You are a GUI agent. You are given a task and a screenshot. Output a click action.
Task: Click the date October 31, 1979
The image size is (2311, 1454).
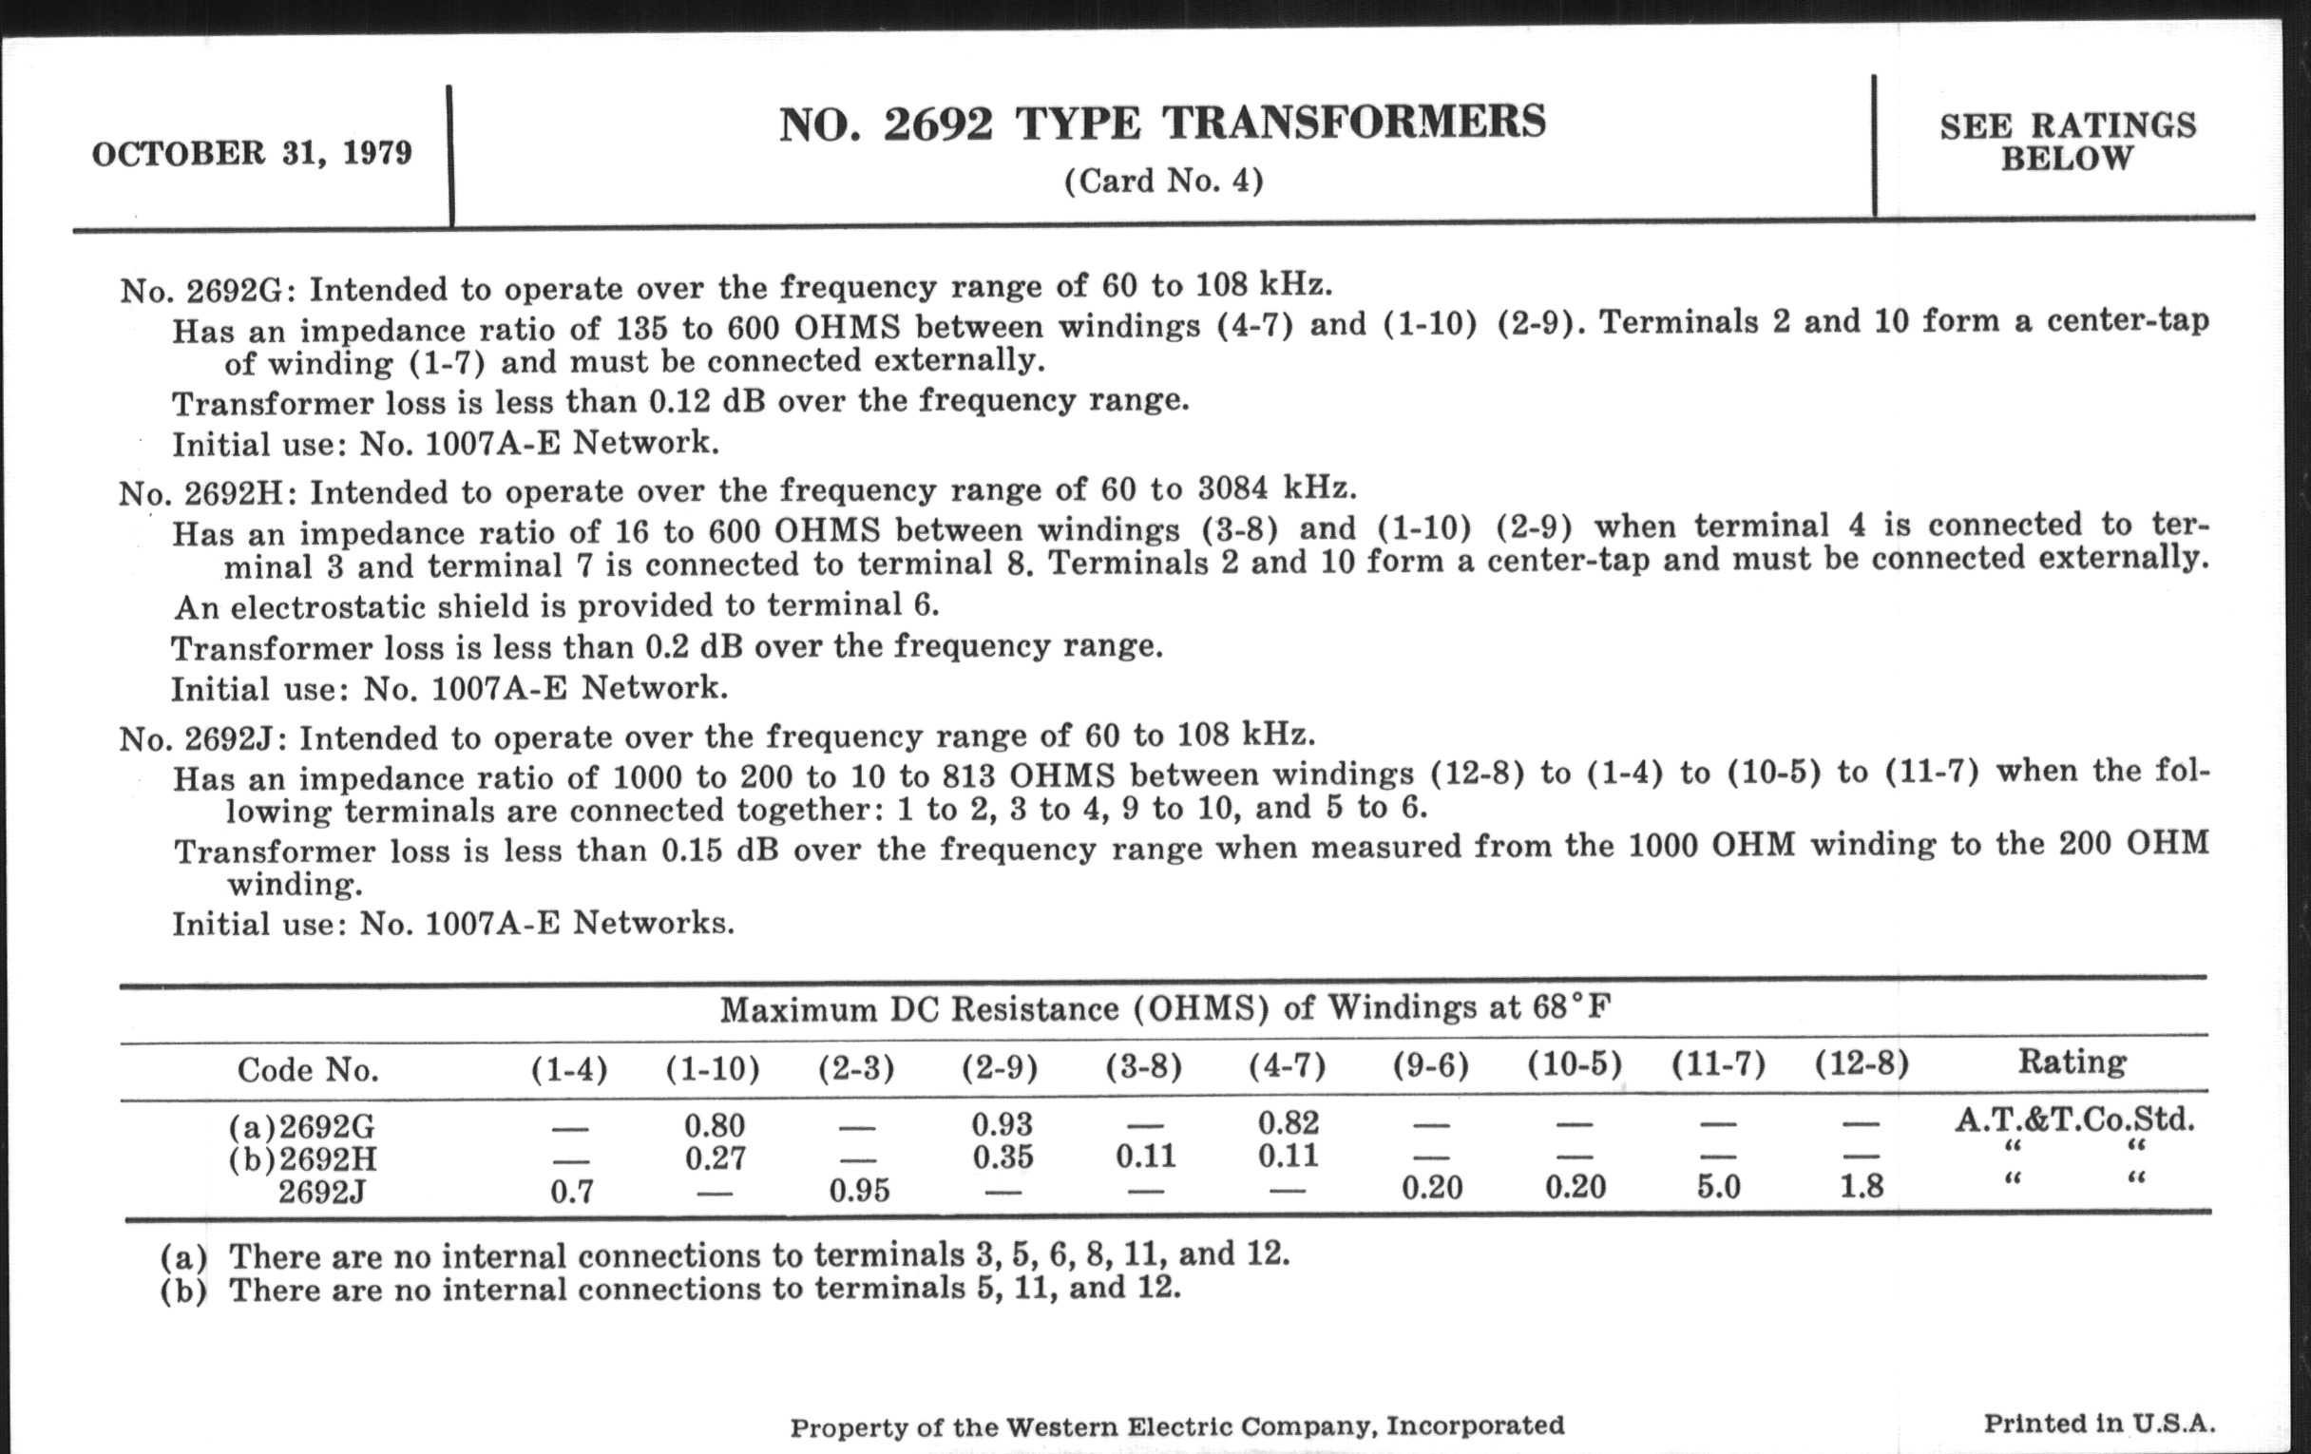pos(252,154)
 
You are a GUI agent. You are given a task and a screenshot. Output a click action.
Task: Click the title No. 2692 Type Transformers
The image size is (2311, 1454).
pos(1162,124)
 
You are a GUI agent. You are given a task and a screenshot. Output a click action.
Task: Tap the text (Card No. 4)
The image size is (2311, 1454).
pos(1163,181)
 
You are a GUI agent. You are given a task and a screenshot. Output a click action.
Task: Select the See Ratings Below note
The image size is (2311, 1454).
pos(2067,141)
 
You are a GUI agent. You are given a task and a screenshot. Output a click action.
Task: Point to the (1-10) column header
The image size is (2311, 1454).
pos(712,1067)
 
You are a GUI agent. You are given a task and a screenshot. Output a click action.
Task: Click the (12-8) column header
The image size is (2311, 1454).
pos(1861,1063)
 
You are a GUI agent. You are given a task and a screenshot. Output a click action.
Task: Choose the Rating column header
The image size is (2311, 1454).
pos(2072,1062)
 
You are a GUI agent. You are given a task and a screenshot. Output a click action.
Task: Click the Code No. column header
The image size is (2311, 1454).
pos(307,1069)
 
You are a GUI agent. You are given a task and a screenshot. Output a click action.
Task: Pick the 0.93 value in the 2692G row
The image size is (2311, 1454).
pos(1002,1123)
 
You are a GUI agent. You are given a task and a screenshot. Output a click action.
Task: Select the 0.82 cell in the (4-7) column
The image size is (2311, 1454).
pos(1288,1122)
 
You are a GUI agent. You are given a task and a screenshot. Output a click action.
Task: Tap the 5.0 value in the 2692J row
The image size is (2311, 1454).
pos(1718,1187)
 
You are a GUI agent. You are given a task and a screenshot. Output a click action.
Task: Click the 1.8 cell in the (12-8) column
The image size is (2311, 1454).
pos(1861,1187)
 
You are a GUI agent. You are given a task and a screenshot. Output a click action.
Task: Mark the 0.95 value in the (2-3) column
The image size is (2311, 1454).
pos(859,1190)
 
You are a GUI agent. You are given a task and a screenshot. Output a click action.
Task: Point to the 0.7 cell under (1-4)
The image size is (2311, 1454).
pos(571,1192)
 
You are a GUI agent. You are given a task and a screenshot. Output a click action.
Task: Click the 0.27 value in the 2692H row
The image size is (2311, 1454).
pos(715,1158)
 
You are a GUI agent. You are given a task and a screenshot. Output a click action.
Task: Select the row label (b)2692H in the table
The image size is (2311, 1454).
pos(303,1159)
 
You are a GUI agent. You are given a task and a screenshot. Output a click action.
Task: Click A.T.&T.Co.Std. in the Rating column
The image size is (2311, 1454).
pos(2074,1120)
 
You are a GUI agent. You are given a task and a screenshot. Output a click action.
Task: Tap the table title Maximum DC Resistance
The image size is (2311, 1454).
pos(1165,1008)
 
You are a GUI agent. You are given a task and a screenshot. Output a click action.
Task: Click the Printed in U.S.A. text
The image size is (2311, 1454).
pos(2099,1423)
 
